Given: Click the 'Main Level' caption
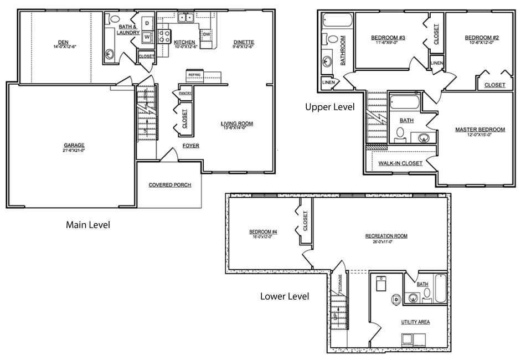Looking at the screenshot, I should pos(88,225).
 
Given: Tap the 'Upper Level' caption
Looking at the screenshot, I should pos(329,107).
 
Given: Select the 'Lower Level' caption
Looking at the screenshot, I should pos(285,296).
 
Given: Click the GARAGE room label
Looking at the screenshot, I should pos(74,145).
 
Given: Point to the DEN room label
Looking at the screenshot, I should pos(64,42).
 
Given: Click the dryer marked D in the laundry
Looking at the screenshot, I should pos(147,23).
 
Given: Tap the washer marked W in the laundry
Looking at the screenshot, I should pos(147,37).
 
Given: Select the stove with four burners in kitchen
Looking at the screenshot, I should pos(164,37).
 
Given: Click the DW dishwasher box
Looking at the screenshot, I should pos(205,34).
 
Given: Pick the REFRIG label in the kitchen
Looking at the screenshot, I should pos(194,74).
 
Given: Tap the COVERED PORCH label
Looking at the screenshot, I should pos(170,184).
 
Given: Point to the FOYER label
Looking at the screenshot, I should pos(191,146).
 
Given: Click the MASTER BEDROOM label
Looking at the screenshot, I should pos(479,130).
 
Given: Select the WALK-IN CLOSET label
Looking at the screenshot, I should pos(400,163).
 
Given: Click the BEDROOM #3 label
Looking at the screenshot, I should pos(388,38).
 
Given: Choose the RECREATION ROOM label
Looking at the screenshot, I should pos(386,236).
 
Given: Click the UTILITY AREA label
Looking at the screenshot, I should pos(415,322).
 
